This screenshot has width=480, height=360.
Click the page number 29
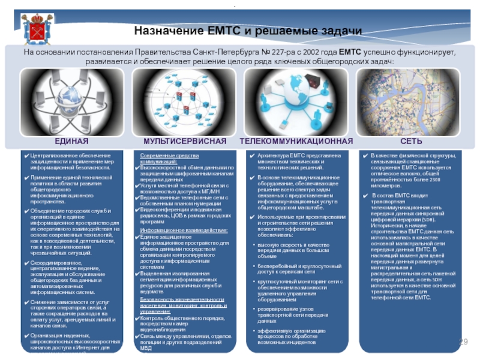pyautogui.click(x=463, y=341)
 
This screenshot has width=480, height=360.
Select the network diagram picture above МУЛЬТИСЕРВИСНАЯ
pyautogui.click(x=185, y=101)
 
